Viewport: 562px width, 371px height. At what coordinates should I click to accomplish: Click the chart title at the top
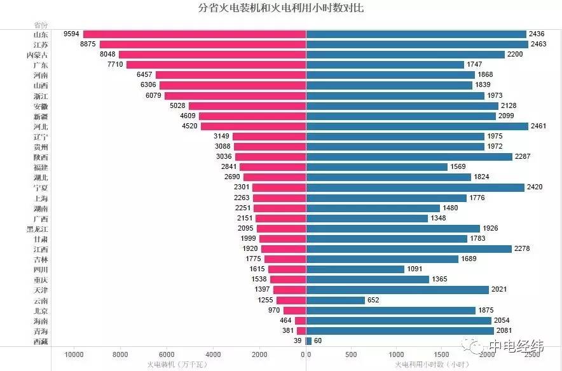click(280, 8)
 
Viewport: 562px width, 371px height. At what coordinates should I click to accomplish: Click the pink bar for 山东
click(195, 34)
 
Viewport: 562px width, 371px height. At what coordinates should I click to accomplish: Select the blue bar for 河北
click(417, 126)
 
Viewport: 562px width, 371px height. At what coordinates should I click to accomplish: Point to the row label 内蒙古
click(40, 55)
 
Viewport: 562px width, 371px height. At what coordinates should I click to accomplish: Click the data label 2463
click(540, 44)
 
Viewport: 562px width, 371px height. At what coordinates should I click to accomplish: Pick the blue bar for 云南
click(336, 300)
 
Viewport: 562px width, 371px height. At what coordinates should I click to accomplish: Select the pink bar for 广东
click(216, 65)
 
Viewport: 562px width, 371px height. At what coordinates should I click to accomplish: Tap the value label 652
click(374, 300)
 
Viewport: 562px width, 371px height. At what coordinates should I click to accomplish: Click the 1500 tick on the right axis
click(441, 354)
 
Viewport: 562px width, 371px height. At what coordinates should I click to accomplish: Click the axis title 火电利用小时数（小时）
click(432, 365)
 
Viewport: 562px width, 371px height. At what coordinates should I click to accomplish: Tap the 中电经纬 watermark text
click(516, 346)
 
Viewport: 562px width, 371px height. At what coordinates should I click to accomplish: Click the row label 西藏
click(40, 341)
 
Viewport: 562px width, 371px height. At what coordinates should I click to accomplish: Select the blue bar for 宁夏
click(415, 187)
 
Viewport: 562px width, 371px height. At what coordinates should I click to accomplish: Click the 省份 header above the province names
click(40, 24)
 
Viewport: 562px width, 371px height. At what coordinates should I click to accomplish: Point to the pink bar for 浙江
click(235, 95)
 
